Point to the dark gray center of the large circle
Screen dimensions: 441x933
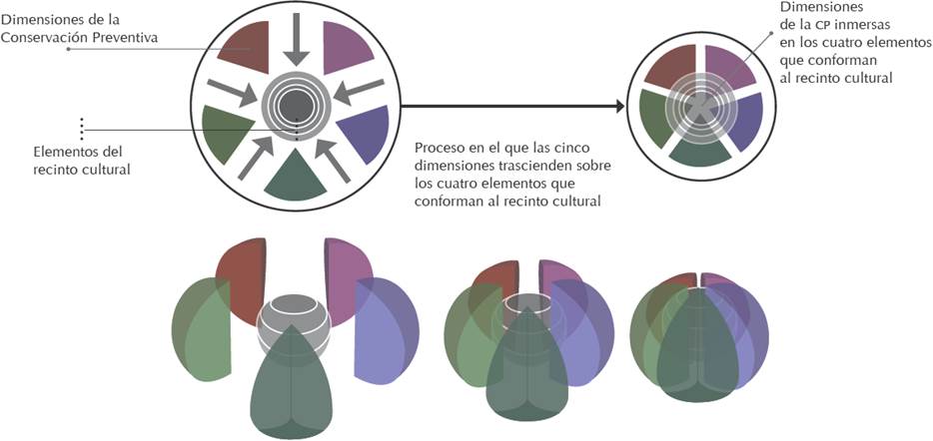tap(296, 105)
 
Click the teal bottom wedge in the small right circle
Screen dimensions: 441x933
tap(699, 150)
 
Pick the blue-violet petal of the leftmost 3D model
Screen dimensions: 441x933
tap(384, 329)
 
